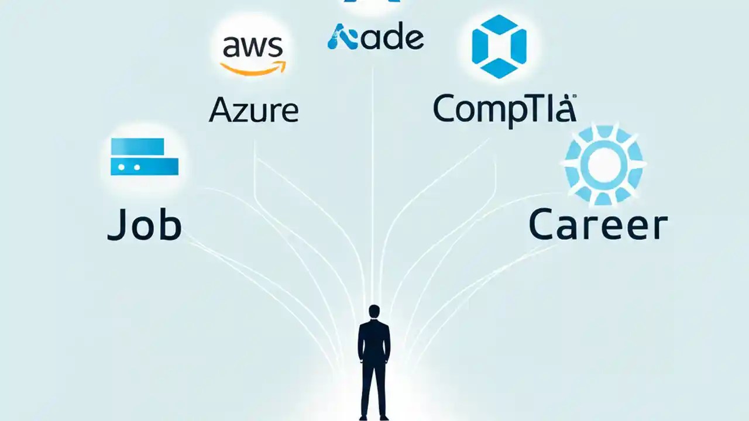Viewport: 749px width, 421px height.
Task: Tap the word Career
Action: coord(597,226)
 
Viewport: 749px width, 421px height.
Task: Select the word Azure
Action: coord(253,110)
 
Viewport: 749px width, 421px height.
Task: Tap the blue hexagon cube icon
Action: coord(499,47)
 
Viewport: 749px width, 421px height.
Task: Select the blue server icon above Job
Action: coord(145,157)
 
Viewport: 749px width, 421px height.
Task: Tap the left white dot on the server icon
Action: coord(122,167)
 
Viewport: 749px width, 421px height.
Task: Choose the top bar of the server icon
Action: coord(138,146)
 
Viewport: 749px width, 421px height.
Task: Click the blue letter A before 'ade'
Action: coord(342,38)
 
